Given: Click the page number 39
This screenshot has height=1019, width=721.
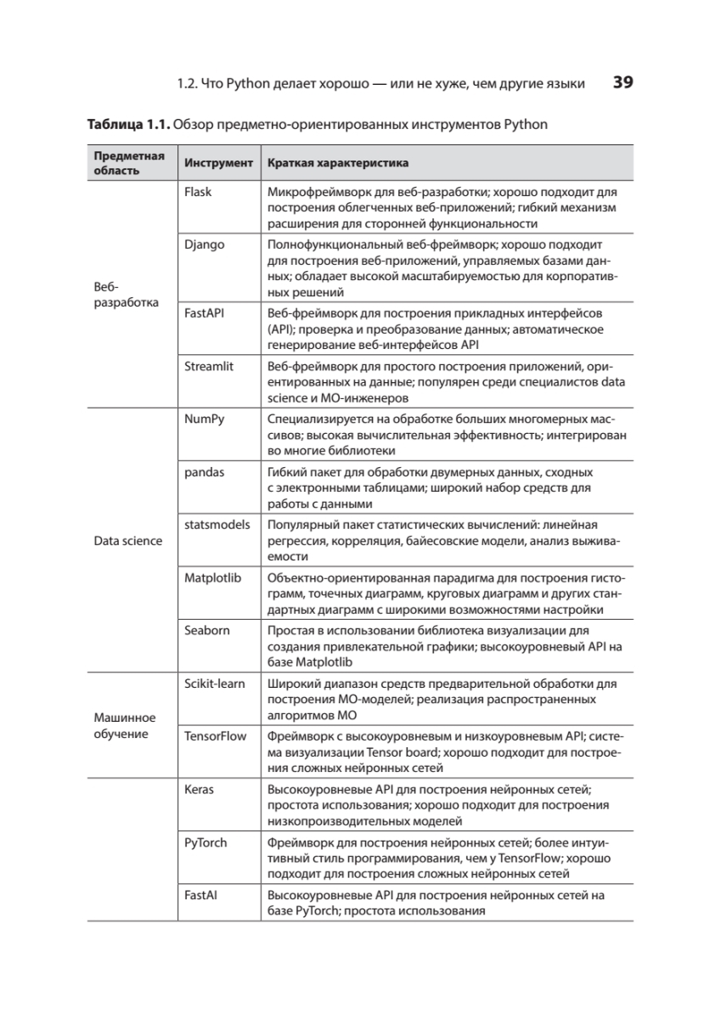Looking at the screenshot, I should (622, 82).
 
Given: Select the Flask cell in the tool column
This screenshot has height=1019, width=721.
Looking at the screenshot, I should (198, 192).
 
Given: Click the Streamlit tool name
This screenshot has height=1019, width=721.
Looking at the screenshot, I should (209, 366).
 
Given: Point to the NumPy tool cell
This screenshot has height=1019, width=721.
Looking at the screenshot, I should (205, 419).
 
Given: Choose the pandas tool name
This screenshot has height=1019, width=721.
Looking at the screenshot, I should (204, 472).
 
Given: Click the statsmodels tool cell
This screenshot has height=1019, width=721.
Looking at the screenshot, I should (217, 525).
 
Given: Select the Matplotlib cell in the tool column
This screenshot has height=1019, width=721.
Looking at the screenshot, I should (213, 577).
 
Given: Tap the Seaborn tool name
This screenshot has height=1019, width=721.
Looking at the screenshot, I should (206, 630).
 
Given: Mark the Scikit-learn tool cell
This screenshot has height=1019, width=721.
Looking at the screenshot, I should (215, 684).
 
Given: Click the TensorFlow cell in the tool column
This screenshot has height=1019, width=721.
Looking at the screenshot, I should (215, 736).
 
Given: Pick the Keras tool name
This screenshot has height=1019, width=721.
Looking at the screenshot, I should (199, 789).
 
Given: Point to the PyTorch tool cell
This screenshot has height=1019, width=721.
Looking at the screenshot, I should (206, 842).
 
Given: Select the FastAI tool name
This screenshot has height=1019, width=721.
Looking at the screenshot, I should (200, 895).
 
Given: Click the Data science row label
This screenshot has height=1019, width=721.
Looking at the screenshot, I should (128, 541).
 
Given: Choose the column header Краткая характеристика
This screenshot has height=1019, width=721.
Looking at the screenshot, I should (338, 162).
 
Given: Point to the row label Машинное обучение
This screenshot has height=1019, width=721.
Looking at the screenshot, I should (124, 726).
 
